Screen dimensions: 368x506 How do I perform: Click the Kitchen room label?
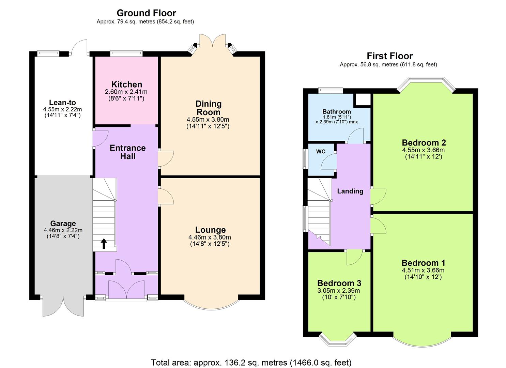pos(126,85)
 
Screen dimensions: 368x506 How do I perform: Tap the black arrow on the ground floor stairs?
pos(104,243)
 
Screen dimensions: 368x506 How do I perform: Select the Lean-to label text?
pos(62,103)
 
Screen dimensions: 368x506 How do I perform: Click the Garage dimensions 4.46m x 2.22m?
pos(63,230)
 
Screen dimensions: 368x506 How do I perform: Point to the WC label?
pos(321,152)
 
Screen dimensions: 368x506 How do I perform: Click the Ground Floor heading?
pos(146,13)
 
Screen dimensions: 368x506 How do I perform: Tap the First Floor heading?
pos(389,56)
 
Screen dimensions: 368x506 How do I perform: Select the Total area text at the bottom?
pos(251,362)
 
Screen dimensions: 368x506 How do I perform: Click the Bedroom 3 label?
pos(339,283)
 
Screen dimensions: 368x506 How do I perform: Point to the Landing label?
pos(350,191)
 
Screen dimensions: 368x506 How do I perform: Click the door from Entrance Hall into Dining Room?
pos(166,159)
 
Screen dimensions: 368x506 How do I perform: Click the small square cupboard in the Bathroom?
pos(363,100)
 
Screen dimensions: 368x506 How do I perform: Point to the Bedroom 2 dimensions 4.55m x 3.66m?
pos(423,150)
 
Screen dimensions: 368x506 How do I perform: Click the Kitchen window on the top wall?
pos(126,53)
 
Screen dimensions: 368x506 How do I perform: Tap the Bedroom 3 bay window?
pos(337,339)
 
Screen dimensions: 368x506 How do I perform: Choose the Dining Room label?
pos(208,108)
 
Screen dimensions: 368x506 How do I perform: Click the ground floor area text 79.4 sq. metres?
pos(145,22)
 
